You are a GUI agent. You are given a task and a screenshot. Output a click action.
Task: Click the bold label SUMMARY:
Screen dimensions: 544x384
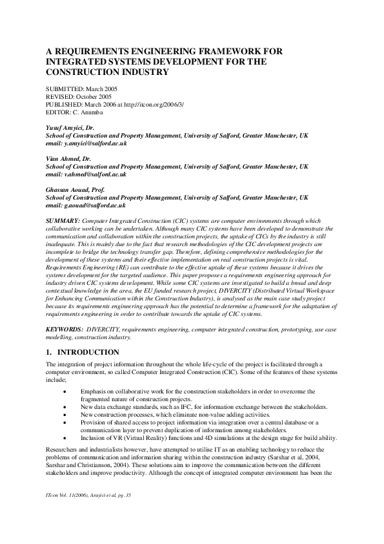point(63,221)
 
